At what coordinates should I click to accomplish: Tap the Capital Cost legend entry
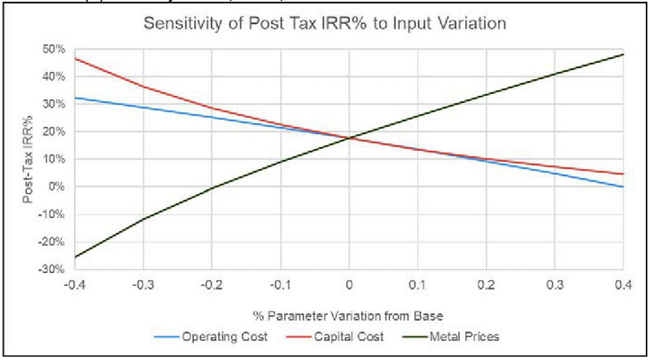point(348,337)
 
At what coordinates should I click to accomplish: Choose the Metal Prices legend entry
point(465,337)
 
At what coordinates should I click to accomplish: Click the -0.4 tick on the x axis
point(75,285)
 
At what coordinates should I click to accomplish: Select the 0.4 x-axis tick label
point(623,285)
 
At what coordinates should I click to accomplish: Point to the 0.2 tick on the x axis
point(486,285)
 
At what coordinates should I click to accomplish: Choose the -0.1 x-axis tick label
point(280,285)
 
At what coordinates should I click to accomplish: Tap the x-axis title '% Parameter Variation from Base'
point(348,315)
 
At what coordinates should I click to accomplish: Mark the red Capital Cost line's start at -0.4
point(75,59)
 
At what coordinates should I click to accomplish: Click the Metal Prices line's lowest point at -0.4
point(75,257)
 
